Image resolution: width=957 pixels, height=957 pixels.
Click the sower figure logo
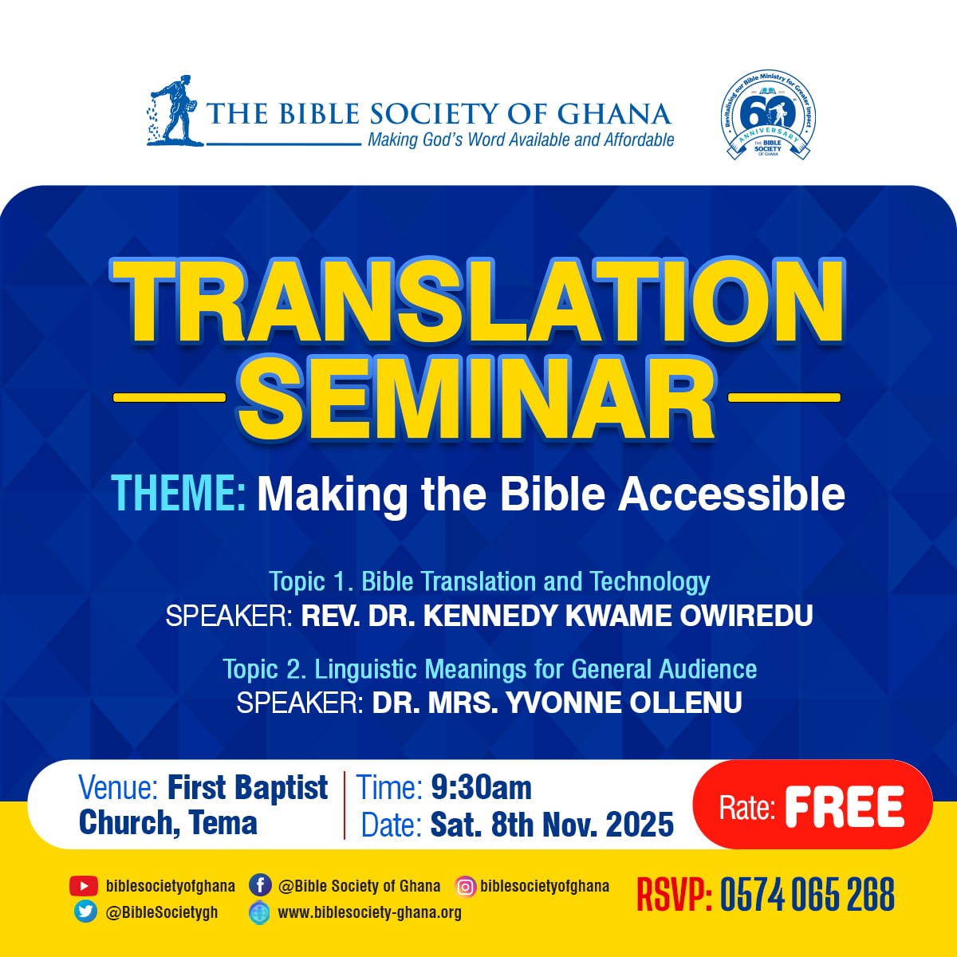point(172,111)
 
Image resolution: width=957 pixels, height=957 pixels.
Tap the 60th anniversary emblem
point(767,114)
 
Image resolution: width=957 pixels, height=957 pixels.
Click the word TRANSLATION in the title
point(477,301)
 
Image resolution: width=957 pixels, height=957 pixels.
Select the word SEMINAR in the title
point(477,396)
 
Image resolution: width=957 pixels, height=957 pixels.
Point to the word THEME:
point(179,494)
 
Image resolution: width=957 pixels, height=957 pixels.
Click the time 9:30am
point(481,788)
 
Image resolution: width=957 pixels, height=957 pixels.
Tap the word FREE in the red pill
point(845,806)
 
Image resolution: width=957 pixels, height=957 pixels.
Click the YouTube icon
point(83,886)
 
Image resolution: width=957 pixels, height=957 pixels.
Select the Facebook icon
point(260,886)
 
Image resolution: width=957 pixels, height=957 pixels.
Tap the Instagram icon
point(465,886)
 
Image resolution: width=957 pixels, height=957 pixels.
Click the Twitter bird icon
point(85,912)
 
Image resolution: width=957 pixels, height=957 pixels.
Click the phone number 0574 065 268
point(807,895)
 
